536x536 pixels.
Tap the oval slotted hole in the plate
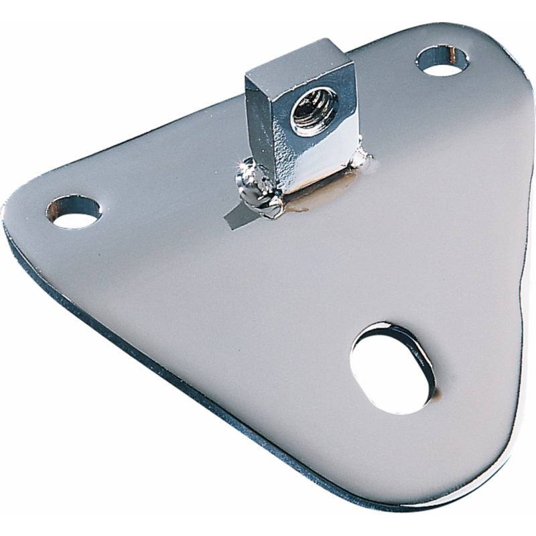pos(391,367)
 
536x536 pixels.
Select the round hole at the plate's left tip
pos(75,211)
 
